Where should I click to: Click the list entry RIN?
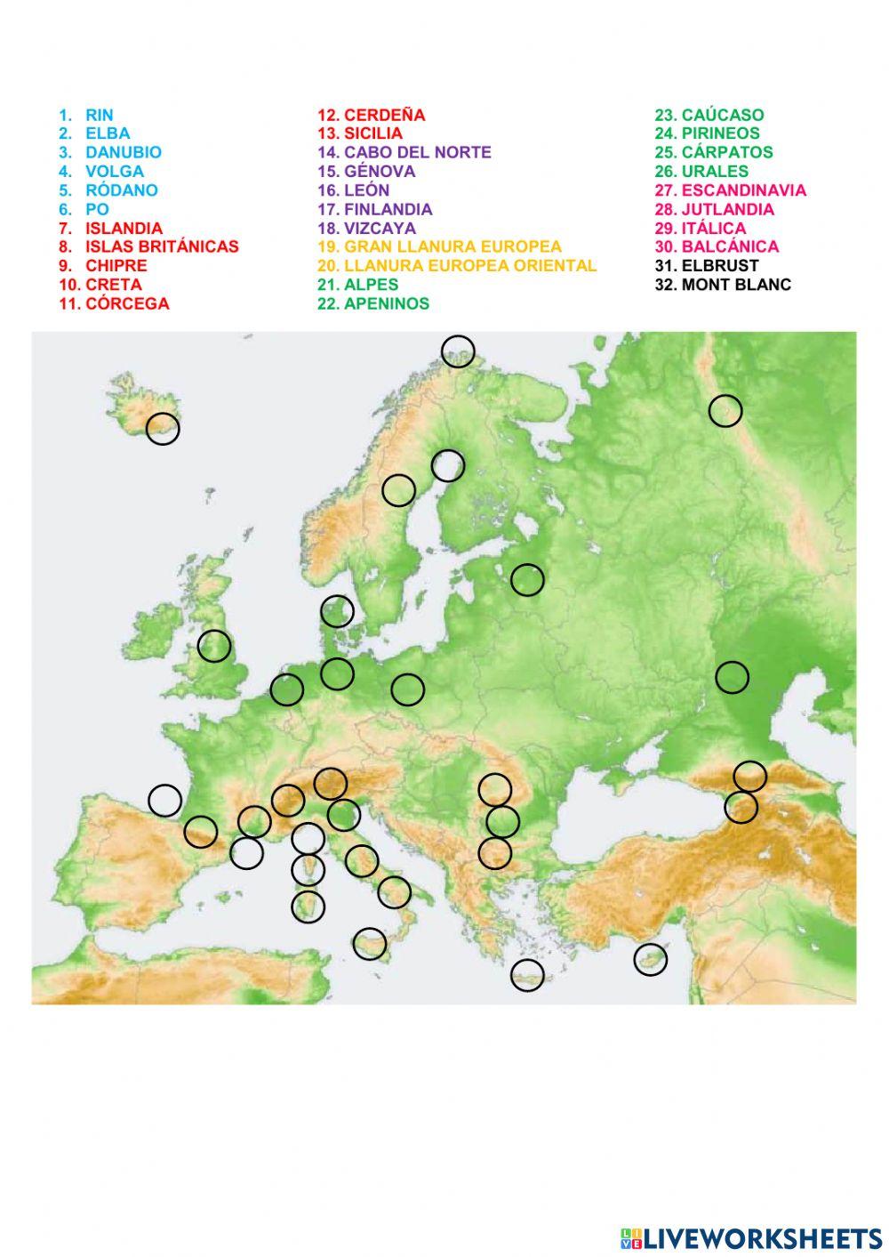click(x=99, y=115)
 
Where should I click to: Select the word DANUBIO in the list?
click(x=123, y=152)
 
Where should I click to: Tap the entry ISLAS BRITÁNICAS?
click(x=162, y=246)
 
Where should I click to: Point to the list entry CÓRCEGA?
click(x=126, y=303)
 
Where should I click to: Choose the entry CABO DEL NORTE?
click(x=417, y=152)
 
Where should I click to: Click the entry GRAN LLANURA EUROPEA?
click(x=453, y=246)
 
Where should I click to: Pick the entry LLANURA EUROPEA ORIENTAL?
click(x=469, y=265)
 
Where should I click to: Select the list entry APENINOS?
click(x=386, y=303)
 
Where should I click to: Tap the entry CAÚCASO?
click(x=722, y=115)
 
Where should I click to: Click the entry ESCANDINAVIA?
click(x=743, y=189)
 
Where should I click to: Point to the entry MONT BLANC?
click(x=735, y=285)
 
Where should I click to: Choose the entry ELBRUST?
click(x=719, y=265)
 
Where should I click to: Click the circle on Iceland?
click(x=163, y=429)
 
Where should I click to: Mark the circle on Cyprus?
click(x=650, y=959)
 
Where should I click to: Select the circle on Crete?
click(x=527, y=975)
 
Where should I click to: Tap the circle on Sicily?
click(x=369, y=943)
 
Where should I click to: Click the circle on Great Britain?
click(x=214, y=646)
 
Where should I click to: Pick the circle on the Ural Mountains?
click(x=725, y=410)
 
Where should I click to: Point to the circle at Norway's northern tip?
click(x=458, y=351)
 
